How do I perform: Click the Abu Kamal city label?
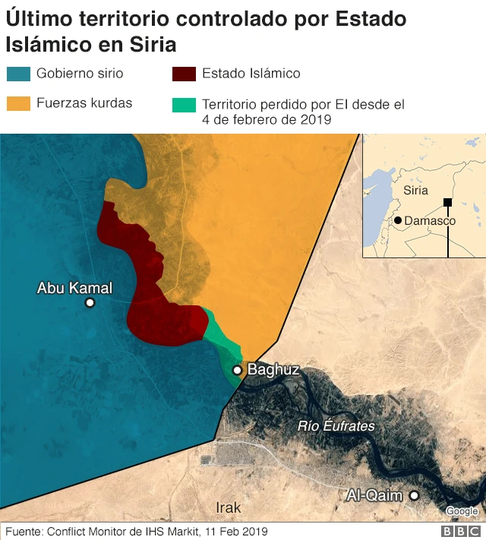74,288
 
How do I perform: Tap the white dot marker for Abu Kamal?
90,303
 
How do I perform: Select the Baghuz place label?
273,371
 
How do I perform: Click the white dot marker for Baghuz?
238,370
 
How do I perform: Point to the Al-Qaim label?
374,496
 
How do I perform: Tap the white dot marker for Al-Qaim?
414,496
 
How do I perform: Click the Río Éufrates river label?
336,426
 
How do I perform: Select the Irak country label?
228,507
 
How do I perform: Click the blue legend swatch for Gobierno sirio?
18,74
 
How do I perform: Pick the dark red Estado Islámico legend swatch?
185,74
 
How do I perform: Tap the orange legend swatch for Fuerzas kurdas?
18,103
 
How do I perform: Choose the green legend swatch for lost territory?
185,103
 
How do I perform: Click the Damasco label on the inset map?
430,221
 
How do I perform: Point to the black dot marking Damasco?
398,220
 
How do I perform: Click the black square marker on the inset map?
448,202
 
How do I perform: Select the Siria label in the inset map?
415,191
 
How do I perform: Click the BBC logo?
462,532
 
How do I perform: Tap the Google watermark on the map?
462,510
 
